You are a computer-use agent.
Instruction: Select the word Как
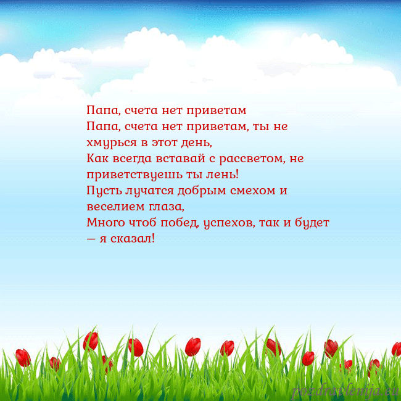[96, 159]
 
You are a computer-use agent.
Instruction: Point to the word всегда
[128, 159]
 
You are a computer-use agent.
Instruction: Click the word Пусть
[101, 191]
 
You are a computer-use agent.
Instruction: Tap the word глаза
[165, 207]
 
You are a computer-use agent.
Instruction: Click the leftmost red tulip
[23, 357]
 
